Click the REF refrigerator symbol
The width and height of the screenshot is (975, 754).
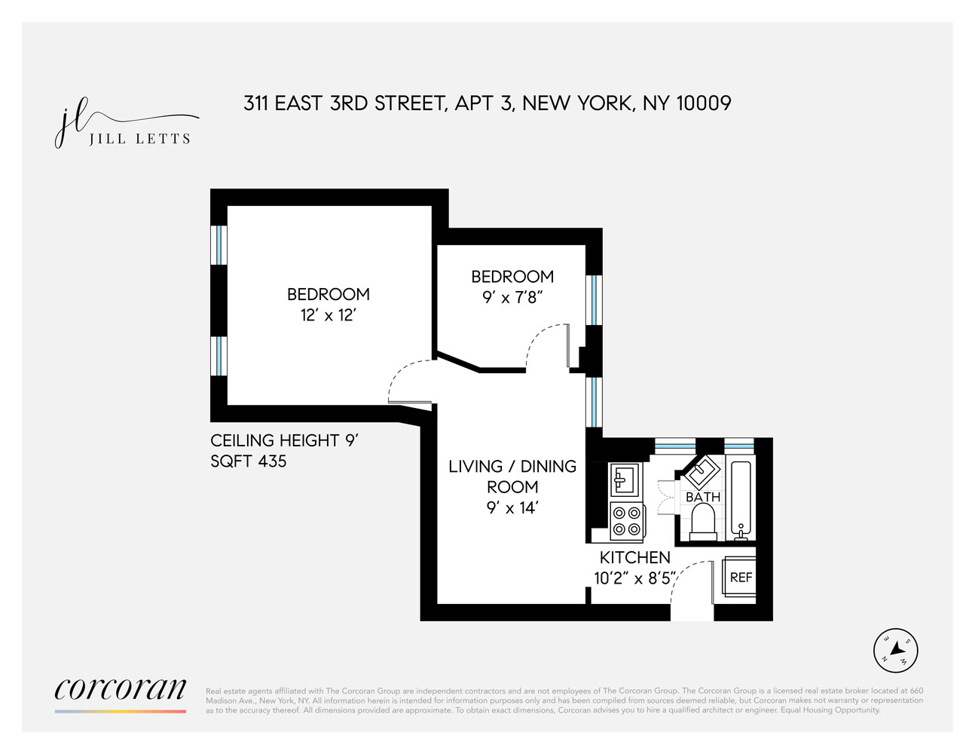[x=740, y=578]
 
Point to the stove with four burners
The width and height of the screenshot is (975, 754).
[x=627, y=521]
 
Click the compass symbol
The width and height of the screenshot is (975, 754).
[x=896, y=650]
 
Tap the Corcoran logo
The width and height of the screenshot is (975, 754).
[x=121, y=688]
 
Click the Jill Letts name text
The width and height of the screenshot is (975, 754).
[x=139, y=139]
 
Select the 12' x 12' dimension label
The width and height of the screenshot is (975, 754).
[x=328, y=315]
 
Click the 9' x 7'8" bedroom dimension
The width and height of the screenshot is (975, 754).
[x=512, y=297]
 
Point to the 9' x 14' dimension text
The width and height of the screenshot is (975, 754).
[x=512, y=507]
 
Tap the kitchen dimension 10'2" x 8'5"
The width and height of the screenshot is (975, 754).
[x=634, y=578]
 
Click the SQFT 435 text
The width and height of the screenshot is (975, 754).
[x=249, y=461]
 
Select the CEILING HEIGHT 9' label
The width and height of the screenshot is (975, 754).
[x=283, y=440]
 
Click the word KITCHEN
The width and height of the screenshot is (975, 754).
[x=634, y=557]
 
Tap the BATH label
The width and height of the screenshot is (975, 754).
[x=702, y=498]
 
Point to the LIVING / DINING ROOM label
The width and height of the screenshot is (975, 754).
[x=512, y=477]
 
